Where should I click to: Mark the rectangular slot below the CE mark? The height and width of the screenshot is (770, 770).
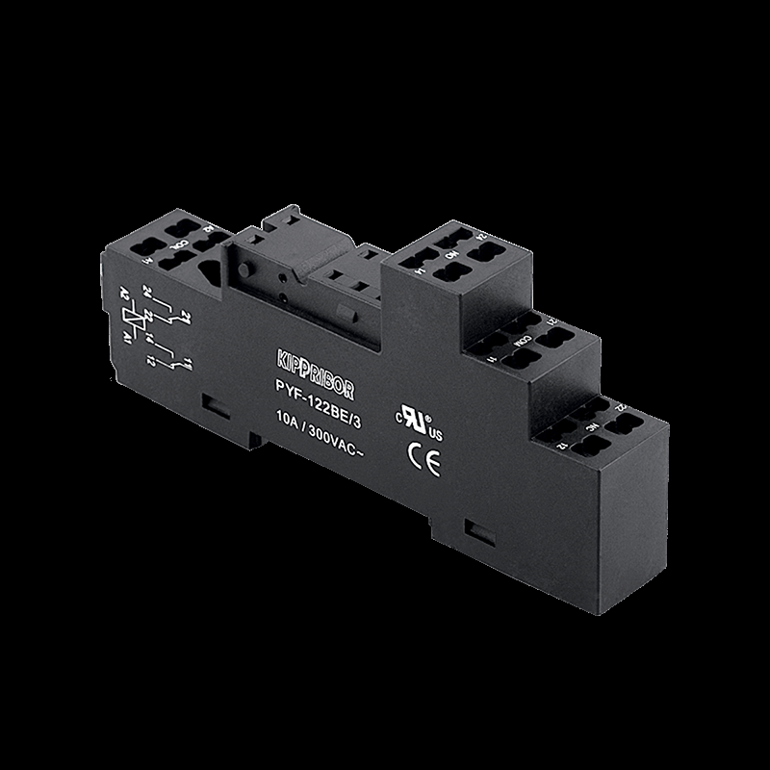click(x=475, y=528)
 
